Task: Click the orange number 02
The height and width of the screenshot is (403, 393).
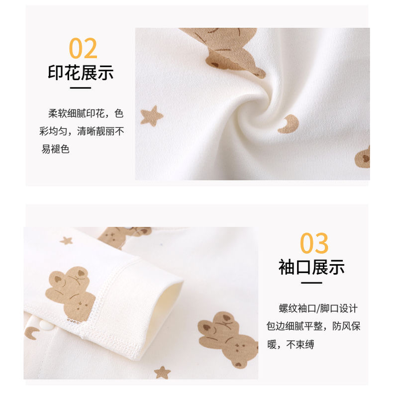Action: click(83, 48)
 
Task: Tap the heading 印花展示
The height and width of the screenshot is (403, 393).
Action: click(81, 73)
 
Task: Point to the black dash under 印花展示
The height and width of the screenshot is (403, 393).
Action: click(81, 88)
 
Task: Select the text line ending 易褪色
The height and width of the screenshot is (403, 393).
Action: click(56, 149)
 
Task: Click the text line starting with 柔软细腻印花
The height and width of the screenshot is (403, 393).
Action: click(86, 113)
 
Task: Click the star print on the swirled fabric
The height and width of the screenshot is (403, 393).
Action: click(152, 116)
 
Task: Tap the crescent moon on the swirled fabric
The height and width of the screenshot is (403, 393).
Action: click(289, 124)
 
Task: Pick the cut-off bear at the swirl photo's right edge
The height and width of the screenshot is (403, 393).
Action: click(363, 157)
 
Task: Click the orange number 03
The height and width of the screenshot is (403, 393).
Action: click(314, 243)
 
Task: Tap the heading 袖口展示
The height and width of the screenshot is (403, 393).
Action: click(311, 267)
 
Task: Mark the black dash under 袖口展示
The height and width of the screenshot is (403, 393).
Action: click(311, 283)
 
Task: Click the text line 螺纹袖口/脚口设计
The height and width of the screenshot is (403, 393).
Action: click(318, 308)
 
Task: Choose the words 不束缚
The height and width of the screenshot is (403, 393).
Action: click(300, 344)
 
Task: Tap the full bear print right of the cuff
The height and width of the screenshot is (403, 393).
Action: click(228, 339)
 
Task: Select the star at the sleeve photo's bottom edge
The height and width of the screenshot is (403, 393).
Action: click(162, 373)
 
